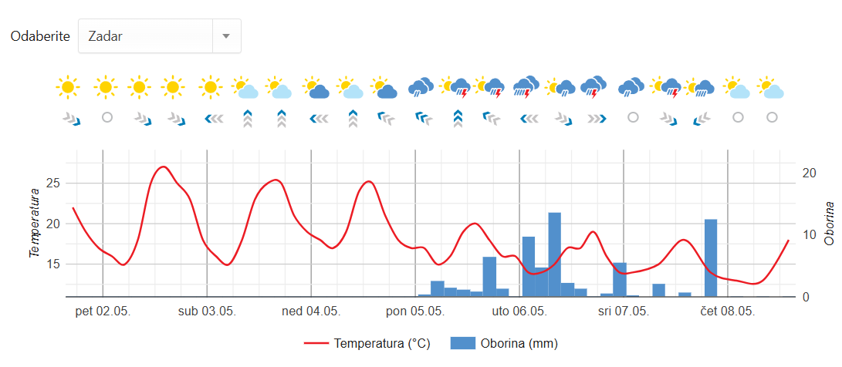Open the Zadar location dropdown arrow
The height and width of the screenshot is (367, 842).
(226, 36)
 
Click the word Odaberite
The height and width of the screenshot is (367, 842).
(40, 36)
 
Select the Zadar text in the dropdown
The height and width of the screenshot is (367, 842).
(106, 36)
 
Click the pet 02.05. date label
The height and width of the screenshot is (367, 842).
(103, 311)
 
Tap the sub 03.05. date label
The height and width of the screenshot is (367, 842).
(207, 311)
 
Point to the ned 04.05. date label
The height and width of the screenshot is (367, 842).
(311, 311)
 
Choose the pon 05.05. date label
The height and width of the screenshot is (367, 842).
(415, 311)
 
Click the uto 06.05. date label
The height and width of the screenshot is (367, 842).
(519, 311)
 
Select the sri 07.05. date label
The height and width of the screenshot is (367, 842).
(623, 311)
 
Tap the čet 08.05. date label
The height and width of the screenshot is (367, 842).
(727, 311)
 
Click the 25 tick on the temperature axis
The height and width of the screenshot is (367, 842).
(53, 183)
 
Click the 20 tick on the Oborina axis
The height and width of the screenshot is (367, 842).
(810, 173)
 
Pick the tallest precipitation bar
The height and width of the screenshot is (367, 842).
(554, 254)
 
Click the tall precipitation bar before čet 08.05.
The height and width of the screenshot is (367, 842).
(711, 258)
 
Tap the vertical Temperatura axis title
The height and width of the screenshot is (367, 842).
(35, 224)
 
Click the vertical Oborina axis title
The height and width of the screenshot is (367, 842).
(830, 224)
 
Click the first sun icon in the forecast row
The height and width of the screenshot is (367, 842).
(68, 87)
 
